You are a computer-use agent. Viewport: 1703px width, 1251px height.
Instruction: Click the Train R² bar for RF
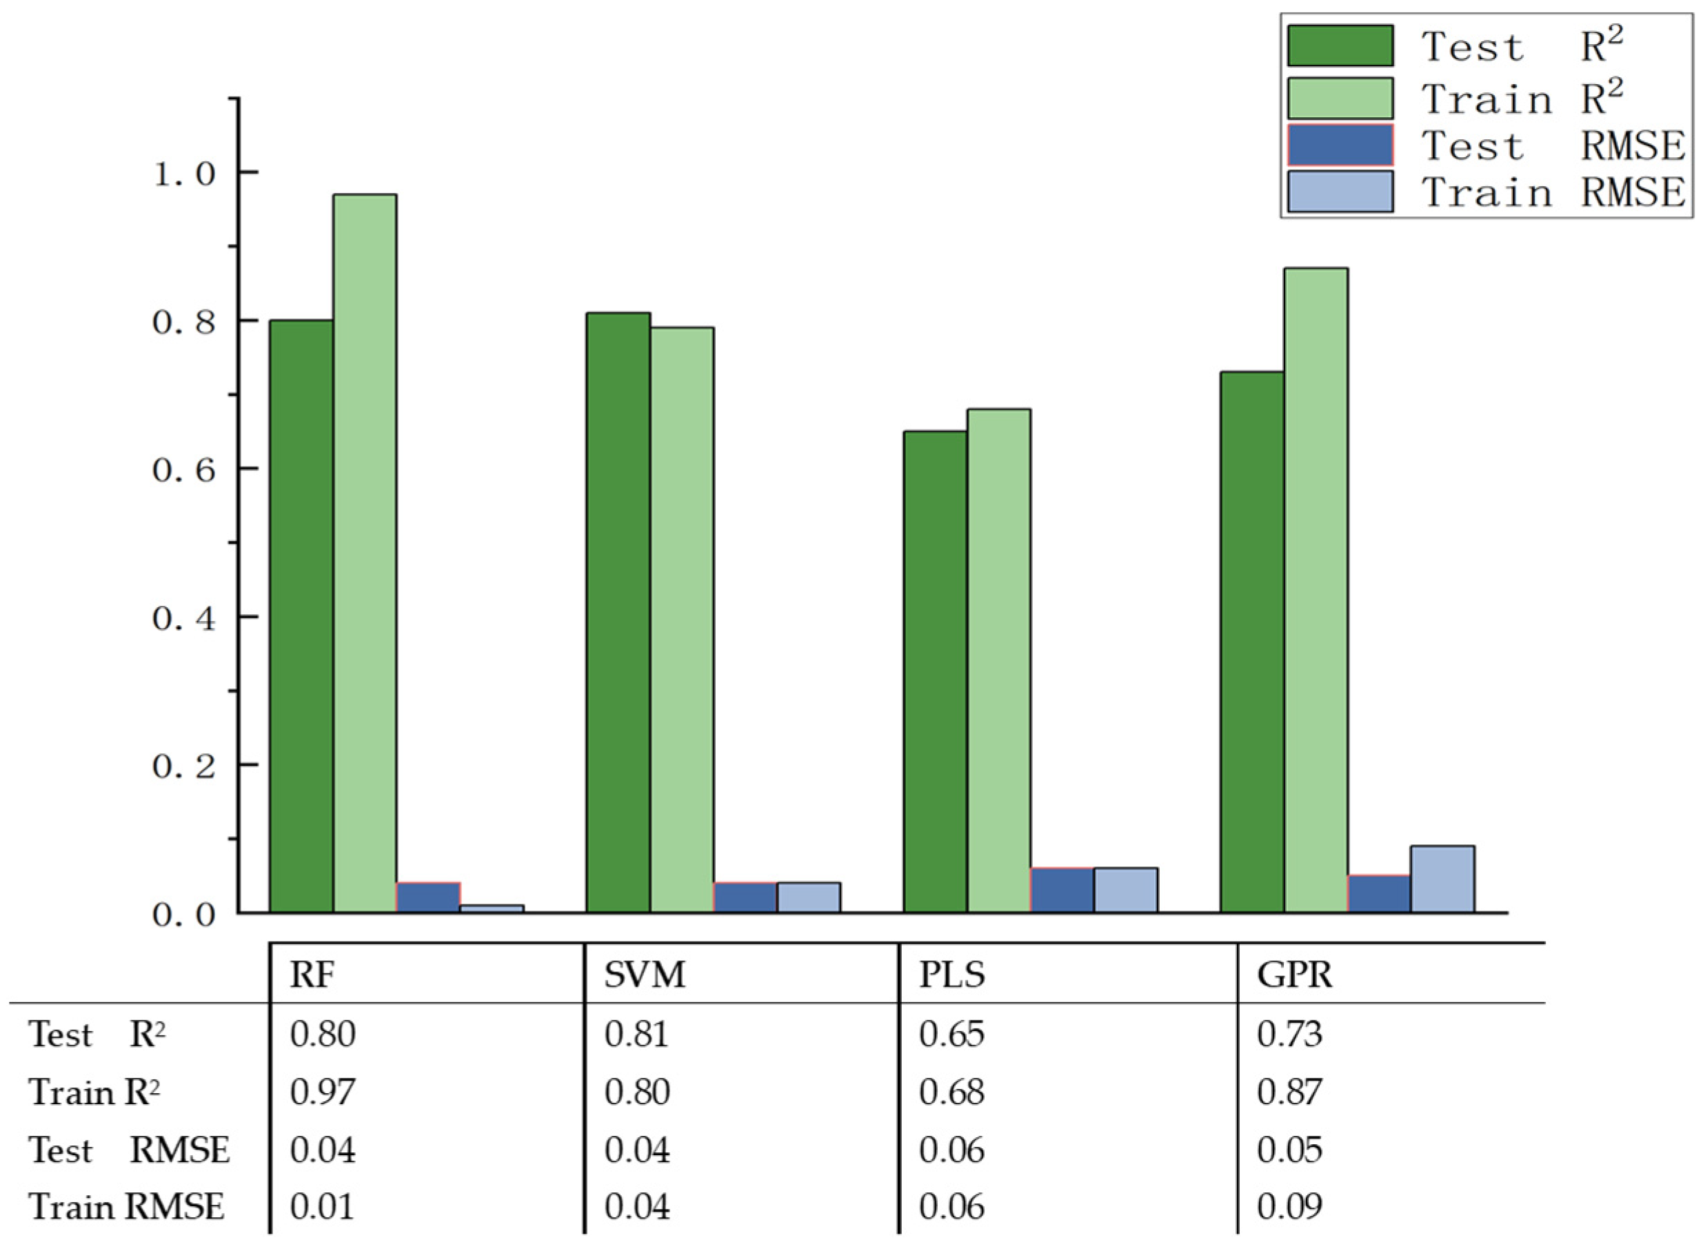pyautogui.click(x=365, y=553)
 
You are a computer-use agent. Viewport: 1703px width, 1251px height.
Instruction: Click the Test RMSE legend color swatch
pyautogui.click(x=1340, y=145)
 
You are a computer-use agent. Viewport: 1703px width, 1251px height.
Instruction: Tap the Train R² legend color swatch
pyautogui.click(x=1340, y=99)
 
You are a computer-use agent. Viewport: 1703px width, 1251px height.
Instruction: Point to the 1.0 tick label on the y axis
pyautogui.click(x=185, y=174)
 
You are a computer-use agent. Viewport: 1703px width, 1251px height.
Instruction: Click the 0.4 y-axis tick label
pyautogui.click(x=185, y=619)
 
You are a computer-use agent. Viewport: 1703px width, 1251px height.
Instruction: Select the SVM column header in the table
pyautogui.click(x=645, y=975)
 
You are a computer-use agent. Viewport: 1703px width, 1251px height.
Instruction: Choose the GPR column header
pyautogui.click(x=1294, y=975)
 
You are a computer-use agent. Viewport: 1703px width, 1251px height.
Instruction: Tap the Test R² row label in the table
pyautogui.click(x=97, y=1035)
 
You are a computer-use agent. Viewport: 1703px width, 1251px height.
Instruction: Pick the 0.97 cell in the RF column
pyautogui.click(x=323, y=1092)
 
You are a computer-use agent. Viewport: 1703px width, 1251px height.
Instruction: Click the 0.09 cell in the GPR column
pyautogui.click(x=1289, y=1206)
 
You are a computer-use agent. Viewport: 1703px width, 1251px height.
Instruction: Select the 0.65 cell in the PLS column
pyautogui.click(x=951, y=1035)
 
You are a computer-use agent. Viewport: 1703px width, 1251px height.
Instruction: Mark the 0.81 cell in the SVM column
pyautogui.click(x=636, y=1035)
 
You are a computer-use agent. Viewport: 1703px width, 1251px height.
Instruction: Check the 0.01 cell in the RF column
pyautogui.click(x=323, y=1206)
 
